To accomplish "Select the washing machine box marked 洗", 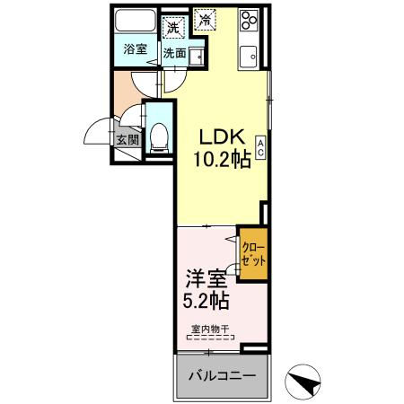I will (172, 26).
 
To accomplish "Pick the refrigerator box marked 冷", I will (206, 18).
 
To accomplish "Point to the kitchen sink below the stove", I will (249, 52).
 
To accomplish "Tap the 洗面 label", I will (174, 53).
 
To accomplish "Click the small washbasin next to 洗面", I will (195, 51).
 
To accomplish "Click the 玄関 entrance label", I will (127, 139).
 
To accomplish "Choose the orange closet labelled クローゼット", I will (252, 252).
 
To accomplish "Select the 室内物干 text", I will (209, 329).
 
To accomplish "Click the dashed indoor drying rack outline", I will (209, 338).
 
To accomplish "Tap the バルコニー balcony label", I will (221, 374).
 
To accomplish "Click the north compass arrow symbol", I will (303, 382).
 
